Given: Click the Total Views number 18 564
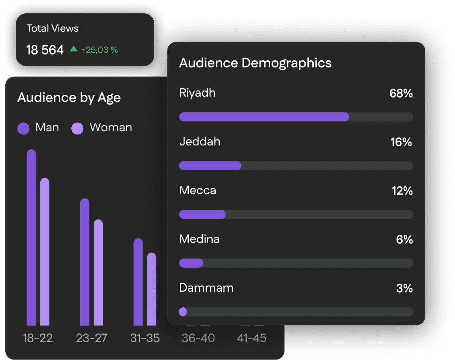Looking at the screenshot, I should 45,50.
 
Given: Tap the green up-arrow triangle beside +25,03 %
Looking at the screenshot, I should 74,49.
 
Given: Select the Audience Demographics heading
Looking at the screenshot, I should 255,63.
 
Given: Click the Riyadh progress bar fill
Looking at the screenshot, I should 264,117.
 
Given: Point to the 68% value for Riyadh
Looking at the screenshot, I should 401,94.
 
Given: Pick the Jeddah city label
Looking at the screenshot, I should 200,142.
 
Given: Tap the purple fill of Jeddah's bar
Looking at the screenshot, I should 210,166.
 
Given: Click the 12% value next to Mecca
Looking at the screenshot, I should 402,191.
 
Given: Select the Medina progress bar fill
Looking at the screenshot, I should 191,263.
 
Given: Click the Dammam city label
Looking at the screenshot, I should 206,288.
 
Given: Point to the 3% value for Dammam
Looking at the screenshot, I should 404,289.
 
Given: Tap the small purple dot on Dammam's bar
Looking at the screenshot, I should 183,312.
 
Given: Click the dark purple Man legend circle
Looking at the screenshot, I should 23,128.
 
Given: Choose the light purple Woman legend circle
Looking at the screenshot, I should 78,128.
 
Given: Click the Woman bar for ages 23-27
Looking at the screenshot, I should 98,273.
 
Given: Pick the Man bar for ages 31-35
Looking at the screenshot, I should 138,282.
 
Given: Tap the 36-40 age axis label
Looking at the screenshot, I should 198,338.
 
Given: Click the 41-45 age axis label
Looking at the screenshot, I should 252,338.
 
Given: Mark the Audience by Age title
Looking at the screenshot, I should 69,98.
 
